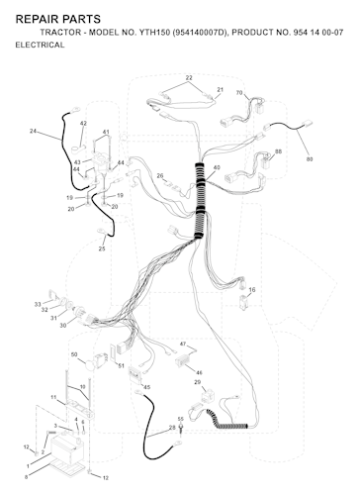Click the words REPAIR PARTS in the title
click(x=58, y=19)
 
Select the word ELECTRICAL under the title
click(x=40, y=45)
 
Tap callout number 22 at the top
click(x=189, y=78)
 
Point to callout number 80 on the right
click(x=310, y=159)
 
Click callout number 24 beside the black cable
click(x=33, y=131)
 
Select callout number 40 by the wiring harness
click(x=217, y=167)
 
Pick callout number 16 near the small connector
click(x=252, y=290)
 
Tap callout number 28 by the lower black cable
click(x=172, y=428)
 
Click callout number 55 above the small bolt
click(x=180, y=419)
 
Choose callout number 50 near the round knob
click(x=74, y=354)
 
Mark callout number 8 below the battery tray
click(x=26, y=476)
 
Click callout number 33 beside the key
click(x=38, y=304)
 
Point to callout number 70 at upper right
click(x=239, y=93)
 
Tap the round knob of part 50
click(x=89, y=365)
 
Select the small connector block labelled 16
click(x=243, y=303)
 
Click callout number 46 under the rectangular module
click(x=199, y=372)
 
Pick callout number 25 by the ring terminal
click(x=102, y=248)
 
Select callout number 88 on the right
click(x=279, y=151)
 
